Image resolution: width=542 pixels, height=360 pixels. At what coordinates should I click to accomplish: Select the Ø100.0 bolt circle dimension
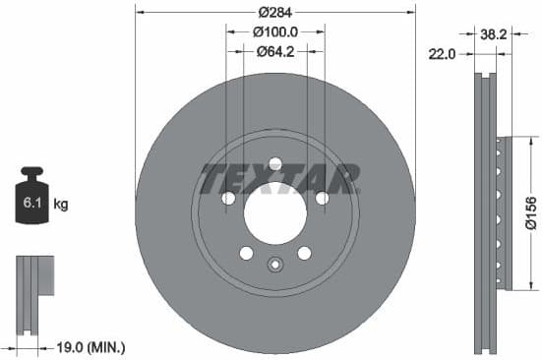click(x=275, y=32)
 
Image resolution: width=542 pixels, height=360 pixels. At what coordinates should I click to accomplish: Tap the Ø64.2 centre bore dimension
click(x=276, y=52)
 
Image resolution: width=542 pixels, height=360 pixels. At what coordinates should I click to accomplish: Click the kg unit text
click(x=61, y=205)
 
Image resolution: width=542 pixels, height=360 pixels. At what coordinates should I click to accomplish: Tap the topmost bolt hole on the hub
click(x=275, y=163)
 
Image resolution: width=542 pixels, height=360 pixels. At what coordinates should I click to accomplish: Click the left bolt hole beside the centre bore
click(x=228, y=199)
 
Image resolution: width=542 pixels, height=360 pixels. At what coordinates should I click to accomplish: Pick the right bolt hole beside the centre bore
click(x=322, y=199)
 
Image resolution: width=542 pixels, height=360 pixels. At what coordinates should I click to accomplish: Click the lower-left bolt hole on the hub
click(x=246, y=253)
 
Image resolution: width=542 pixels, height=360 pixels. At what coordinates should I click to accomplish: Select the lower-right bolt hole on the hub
click(x=305, y=253)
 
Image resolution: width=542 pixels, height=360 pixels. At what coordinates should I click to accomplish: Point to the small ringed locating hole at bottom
click(x=275, y=263)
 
